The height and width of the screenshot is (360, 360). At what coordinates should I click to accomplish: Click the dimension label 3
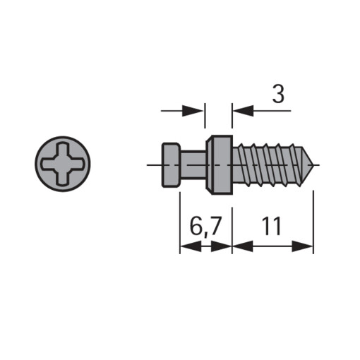coord(278,95)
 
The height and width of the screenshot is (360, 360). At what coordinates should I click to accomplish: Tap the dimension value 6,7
coord(207,227)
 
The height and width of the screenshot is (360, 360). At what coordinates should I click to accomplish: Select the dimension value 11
coord(272,227)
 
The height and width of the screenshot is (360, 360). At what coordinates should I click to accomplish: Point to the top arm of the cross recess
coord(63,150)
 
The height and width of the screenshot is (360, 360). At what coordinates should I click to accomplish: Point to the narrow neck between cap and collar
coord(192,164)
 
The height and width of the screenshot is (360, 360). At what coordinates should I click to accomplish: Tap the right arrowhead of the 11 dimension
coord(305,246)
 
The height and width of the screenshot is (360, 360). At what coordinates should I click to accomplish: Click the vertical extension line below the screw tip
coord(313,212)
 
